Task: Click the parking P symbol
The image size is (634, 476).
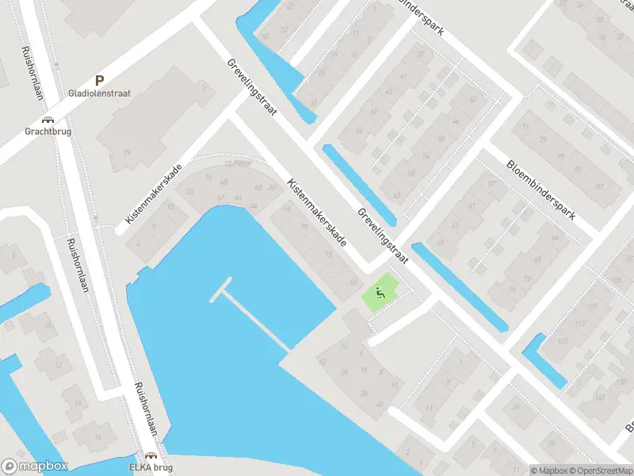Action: point(100,79)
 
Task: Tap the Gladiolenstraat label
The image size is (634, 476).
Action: point(100,93)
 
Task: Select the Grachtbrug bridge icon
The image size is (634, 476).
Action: point(48,119)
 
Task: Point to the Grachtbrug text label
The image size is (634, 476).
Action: point(48,132)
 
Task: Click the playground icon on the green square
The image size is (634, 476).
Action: point(380,294)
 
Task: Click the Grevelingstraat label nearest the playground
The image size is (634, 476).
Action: point(382,236)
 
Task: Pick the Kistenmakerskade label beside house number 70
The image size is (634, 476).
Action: point(317,212)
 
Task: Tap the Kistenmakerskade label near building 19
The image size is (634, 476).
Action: point(154,194)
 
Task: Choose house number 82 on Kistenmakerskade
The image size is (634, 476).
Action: point(353,282)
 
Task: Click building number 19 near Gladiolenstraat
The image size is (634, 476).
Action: point(127,152)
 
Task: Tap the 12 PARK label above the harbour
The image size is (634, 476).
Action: point(235,164)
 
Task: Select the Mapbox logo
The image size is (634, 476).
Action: point(33,466)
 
